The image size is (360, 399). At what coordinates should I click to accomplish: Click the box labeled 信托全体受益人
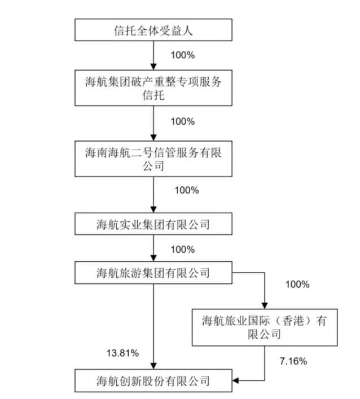click(x=153, y=30)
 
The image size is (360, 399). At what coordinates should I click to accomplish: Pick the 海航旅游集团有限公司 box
click(x=153, y=274)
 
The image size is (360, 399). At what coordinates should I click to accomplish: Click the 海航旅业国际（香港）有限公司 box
click(x=265, y=327)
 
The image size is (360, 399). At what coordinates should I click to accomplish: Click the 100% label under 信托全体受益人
click(x=182, y=56)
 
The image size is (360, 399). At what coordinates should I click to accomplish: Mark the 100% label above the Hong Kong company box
click(x=297, y=284)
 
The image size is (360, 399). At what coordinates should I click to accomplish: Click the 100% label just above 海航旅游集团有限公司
click(x=182, y=249)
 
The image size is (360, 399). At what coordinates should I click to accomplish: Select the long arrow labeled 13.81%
click(x=153, y=327)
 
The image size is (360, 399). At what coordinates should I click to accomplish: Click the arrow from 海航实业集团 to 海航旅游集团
click(x=153, y=249)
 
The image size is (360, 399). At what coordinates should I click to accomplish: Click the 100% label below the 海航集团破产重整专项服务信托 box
click(x=182, y=121)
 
